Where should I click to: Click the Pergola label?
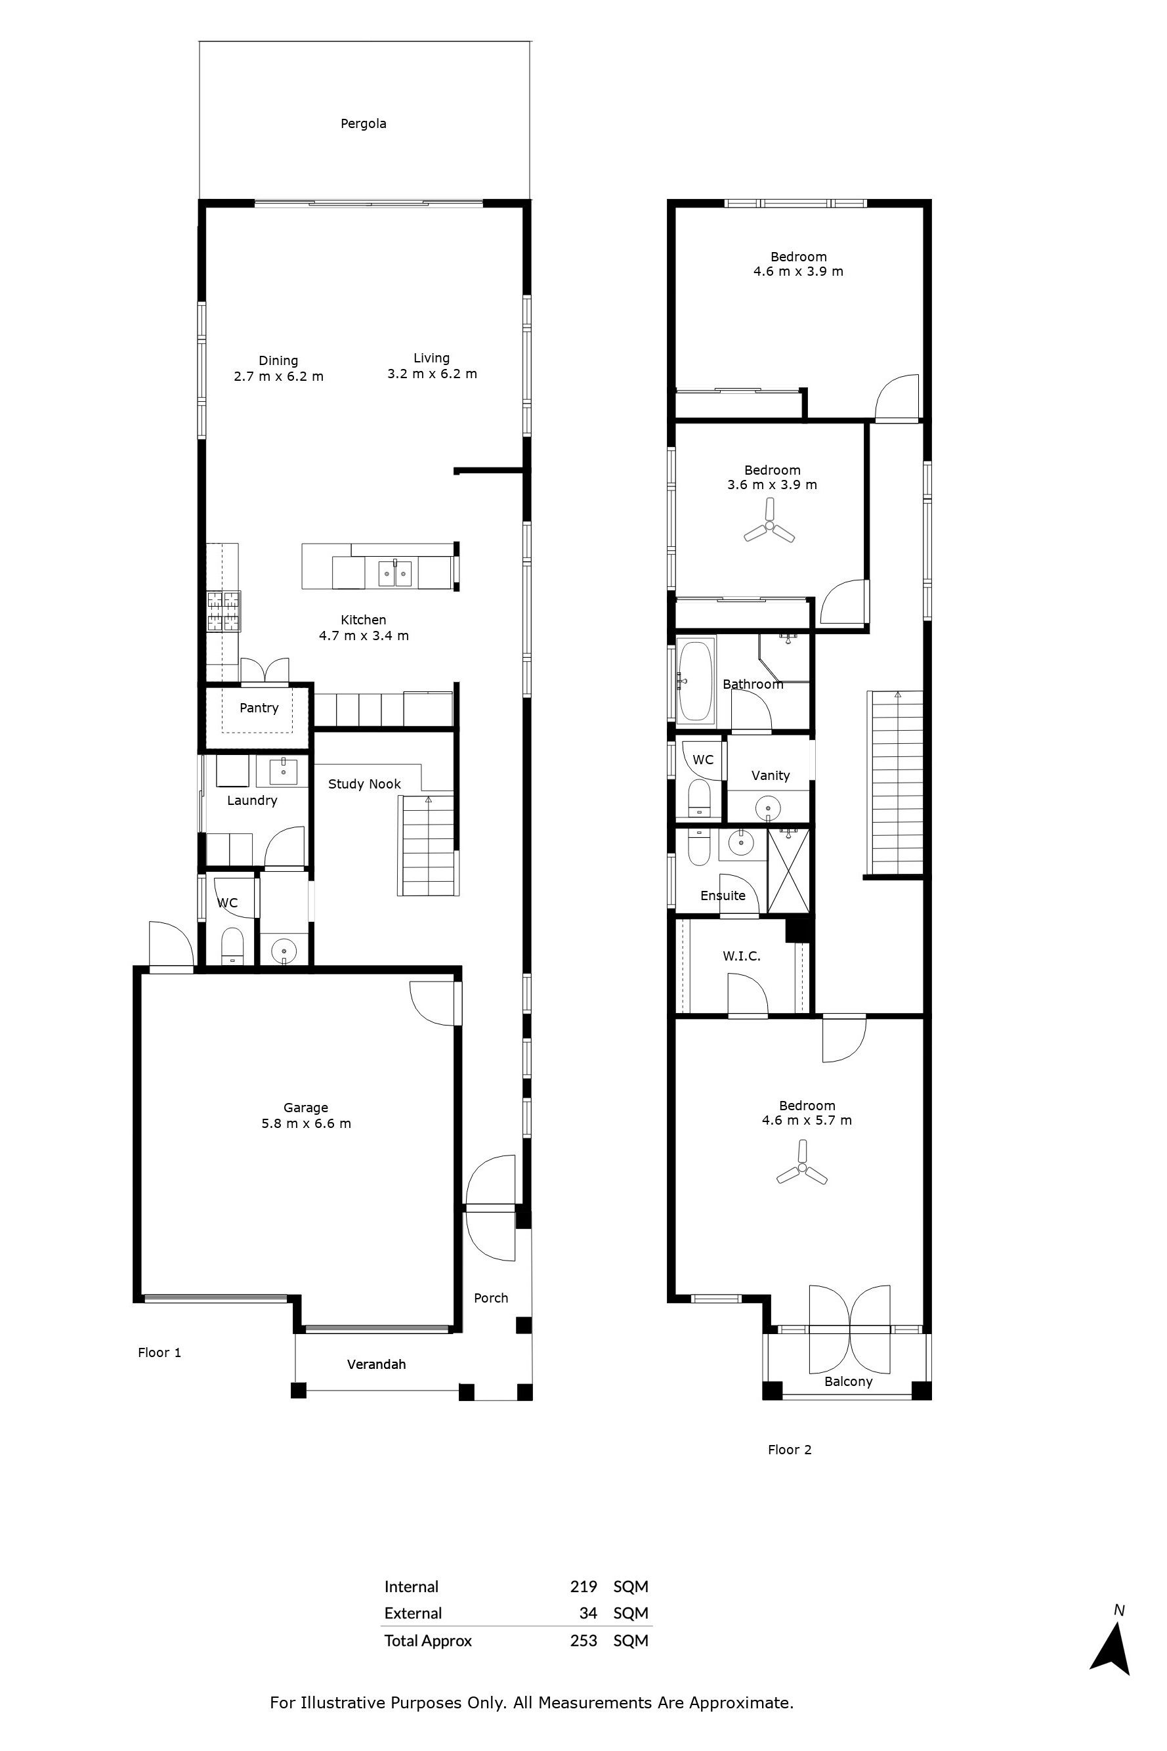coord(363,123)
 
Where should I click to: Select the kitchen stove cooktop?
coord(223,611)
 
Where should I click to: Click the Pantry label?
coord(259,708)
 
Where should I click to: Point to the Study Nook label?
coord(365,784)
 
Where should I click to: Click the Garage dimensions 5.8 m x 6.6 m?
coord(306,1123)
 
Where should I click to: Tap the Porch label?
coord(491,1299)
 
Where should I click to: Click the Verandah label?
coord(377,1364)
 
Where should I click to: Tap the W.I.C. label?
coord(741,956)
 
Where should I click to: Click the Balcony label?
coord(849,1382)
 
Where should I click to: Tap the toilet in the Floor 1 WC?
coord(232,944)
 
